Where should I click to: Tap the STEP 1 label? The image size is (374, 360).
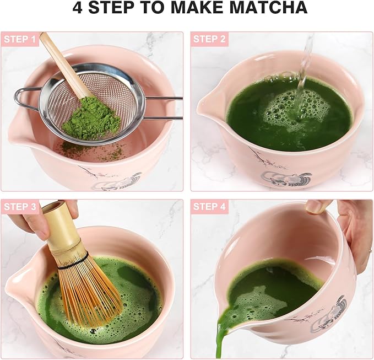click(20, 40)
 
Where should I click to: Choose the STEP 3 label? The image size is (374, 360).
click(20, 207)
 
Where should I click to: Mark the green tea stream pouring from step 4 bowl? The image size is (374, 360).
click(224, 336)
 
